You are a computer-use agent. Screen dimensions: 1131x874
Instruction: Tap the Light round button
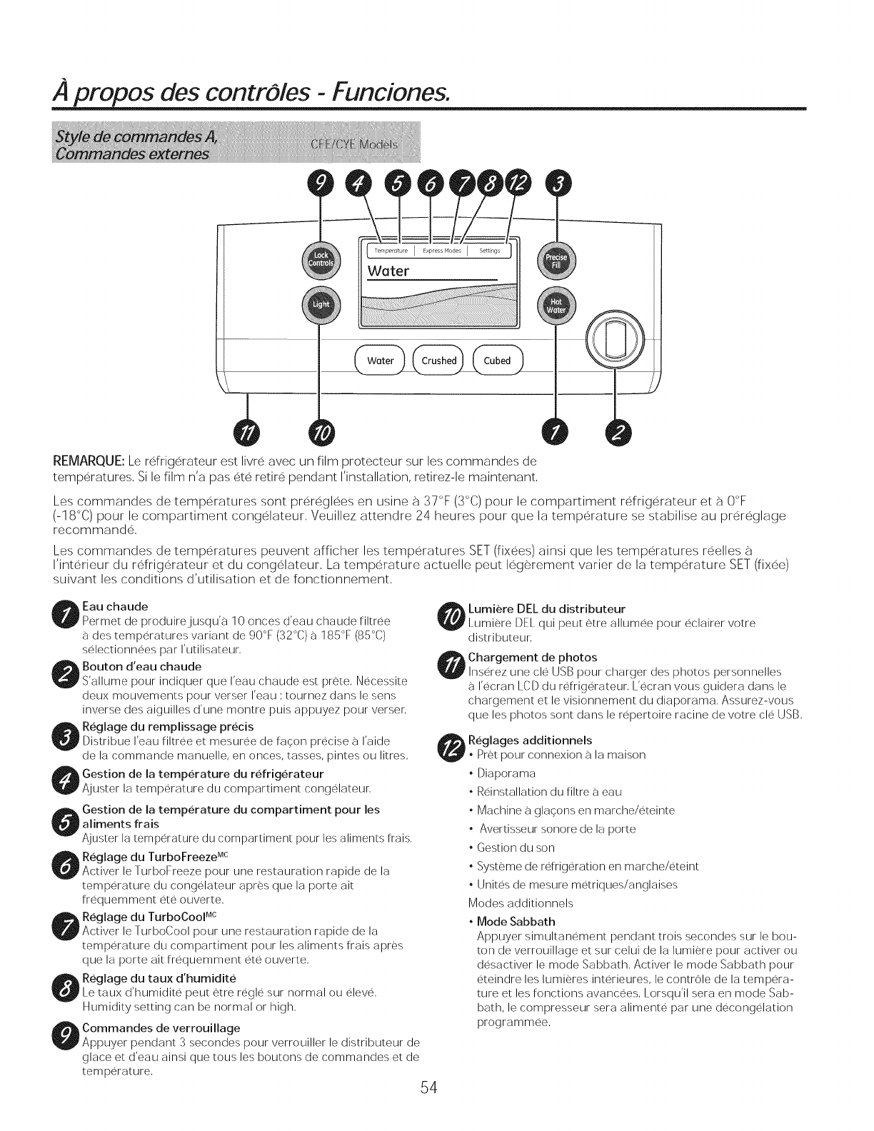[320, 305]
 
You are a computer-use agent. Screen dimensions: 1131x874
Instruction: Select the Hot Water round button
[556, 305]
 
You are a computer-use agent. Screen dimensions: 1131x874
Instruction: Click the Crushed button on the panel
[438, 361]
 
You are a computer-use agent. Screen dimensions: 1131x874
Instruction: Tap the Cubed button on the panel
[497, 361]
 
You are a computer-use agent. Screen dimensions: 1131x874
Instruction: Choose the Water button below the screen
[380, 361]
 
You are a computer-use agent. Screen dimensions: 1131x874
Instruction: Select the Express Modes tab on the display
[441, 251]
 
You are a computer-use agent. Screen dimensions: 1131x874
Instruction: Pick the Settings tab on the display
[489, 251]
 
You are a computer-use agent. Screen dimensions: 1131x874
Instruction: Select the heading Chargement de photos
[532, 657]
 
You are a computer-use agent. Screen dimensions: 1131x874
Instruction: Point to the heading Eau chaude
[115, 606]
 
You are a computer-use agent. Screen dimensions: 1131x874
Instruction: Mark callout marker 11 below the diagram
[246, 433]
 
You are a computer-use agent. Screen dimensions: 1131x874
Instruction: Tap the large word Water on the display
[389, 271]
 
